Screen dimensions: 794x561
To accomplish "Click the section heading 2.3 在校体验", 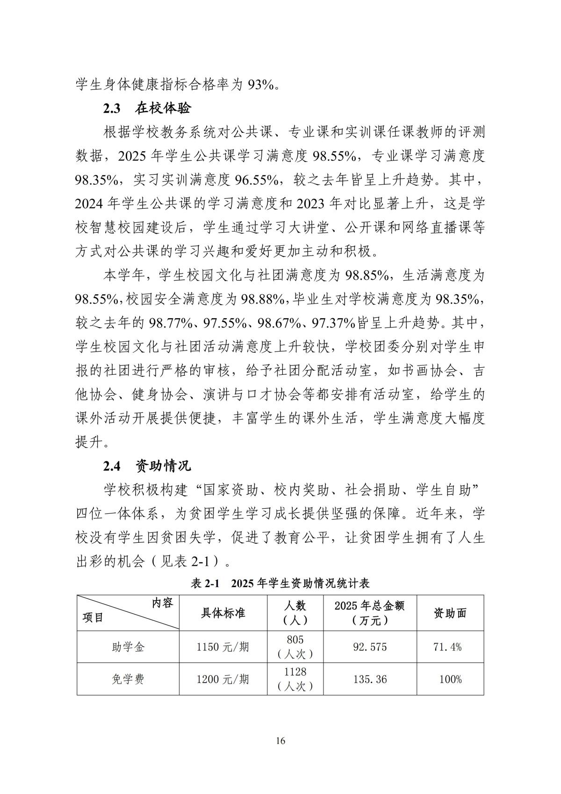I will [x=147, y=109].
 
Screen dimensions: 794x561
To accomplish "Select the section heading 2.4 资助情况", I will [x=147, y=466].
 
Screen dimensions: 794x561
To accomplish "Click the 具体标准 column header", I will [x=223, y=612].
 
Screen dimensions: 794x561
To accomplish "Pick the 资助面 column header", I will [x=450, y=612].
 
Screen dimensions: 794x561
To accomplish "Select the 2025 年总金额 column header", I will [x=370, y=612].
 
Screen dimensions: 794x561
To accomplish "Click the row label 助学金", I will [x=128, y=647].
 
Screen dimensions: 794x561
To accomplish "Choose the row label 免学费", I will [x=128, y=679].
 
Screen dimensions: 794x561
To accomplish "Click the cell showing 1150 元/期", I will [x=223, y=647].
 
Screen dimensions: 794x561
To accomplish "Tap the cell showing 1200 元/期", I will [x=223, y=679].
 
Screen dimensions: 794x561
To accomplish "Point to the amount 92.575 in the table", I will [x=370, y=647].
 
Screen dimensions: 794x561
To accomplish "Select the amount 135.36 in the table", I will [x=370, y=679].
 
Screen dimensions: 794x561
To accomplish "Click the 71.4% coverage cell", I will [x=450, y=647].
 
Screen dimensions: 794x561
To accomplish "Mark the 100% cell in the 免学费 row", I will [x=450, y=679].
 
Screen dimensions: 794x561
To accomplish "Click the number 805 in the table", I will [x=295, y=640].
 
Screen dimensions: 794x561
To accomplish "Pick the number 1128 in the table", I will [x=295, y=672].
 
